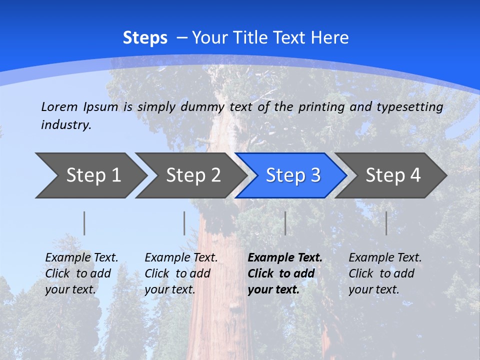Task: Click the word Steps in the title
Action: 145,38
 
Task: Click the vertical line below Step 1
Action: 84,223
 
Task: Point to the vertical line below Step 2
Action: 184,223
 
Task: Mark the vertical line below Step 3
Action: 285,223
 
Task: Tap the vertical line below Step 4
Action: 386,223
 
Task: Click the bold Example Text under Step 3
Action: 285,273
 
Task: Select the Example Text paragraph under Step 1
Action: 81,273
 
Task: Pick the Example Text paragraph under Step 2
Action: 181,273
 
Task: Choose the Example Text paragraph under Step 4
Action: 385,273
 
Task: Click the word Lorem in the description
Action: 59,106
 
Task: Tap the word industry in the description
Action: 66,125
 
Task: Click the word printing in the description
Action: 317,107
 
